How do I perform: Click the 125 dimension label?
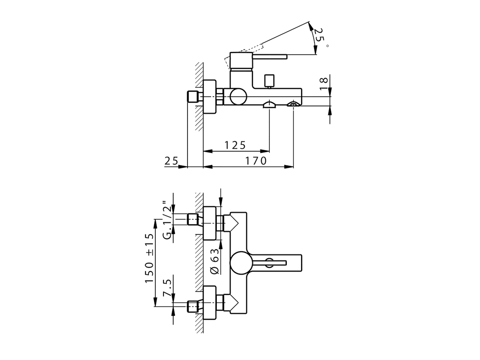(235, 145)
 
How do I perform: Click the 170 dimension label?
(256, 161)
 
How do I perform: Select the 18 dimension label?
(324, 83)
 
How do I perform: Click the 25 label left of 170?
(171, 161)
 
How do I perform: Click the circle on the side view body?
(238, 97)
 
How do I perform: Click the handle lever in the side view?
(270, 57)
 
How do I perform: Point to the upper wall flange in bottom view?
(210, 224)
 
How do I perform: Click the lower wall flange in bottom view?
(210, 303)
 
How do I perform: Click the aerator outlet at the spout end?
(293, 104)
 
